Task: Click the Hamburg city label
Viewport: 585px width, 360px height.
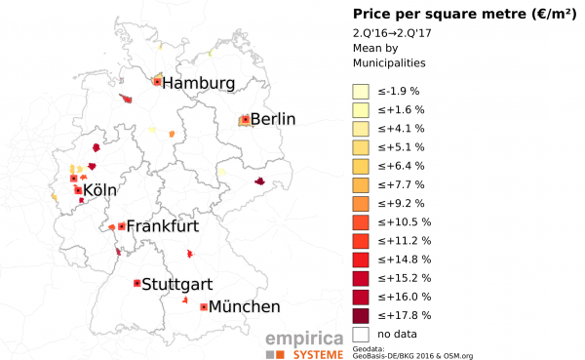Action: point(198,84)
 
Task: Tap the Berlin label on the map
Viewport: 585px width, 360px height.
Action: point(272,120)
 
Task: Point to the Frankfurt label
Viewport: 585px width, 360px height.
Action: point(162,226)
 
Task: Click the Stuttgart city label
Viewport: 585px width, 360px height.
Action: point(177,285)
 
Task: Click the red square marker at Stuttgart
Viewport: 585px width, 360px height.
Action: point(136,283)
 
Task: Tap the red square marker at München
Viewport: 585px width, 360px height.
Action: point(203,306)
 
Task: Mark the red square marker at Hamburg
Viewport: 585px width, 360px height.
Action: point(157,82)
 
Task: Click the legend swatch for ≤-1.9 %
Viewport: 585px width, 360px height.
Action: point(361,91)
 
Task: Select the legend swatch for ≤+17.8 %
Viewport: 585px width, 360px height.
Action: point(361,315)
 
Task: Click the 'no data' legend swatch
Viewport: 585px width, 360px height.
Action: point(361,334)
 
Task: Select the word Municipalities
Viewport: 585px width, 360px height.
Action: point(390,62)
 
